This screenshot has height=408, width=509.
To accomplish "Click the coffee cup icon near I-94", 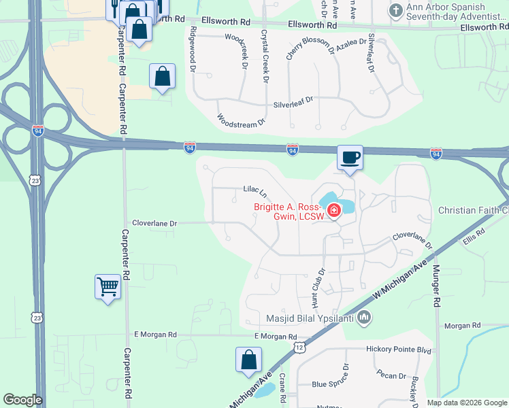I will click(x=350, y=158).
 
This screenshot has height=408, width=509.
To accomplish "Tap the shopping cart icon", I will click(x=108, y=287).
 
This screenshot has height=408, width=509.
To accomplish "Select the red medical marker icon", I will click(x=333, y=211).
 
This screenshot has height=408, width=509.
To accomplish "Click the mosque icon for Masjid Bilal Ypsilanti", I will click(x=364, y=317).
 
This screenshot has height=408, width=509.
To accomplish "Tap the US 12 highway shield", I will click(x=299, y=347).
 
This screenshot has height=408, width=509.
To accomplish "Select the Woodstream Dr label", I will click(x=240, y=120).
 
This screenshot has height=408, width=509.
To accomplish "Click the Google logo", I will click(x=22, y=400).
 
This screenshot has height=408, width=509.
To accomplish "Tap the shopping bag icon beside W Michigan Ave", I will click(x=249, y=360).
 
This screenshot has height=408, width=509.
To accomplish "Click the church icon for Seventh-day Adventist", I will click(x=395, y=11).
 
